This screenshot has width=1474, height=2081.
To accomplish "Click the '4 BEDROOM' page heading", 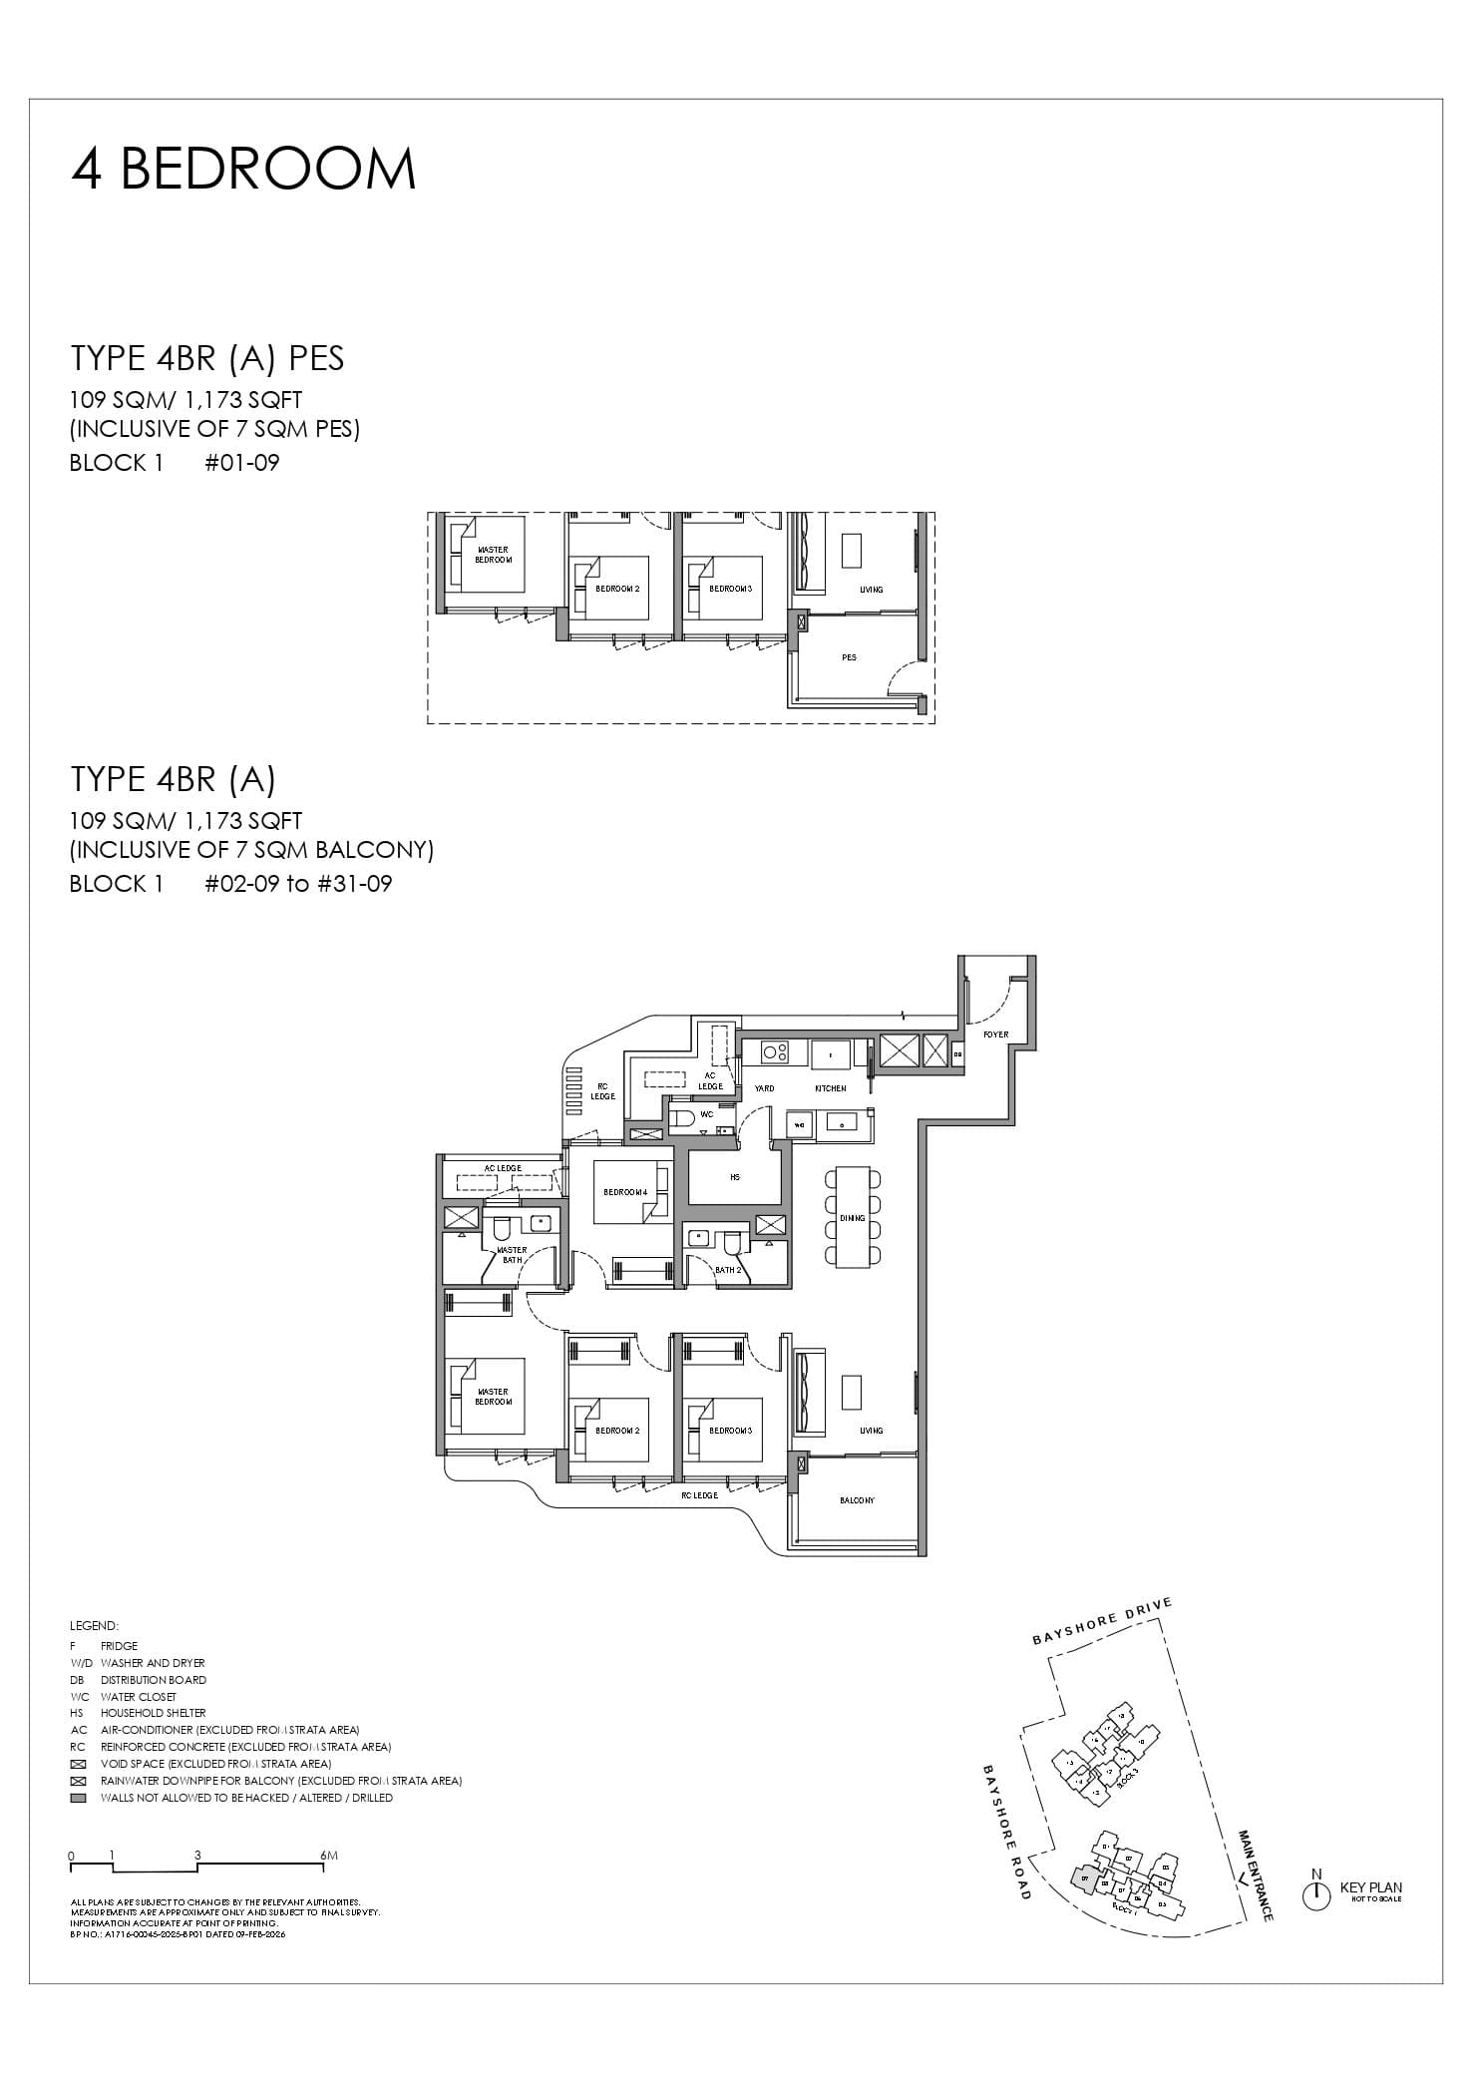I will pos(243,169).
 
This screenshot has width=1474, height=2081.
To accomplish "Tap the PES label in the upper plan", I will pos(849,657).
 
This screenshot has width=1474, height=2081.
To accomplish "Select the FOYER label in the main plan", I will pos(995,1035).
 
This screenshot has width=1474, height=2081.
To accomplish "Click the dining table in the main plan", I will pos(852,1217).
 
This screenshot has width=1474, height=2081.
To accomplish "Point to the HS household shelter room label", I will pos(735,1177).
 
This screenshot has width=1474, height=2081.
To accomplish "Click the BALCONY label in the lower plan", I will pos(857,1500).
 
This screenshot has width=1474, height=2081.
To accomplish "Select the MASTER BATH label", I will pos(512,1254).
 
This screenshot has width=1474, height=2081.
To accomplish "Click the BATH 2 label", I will pos(728,1270).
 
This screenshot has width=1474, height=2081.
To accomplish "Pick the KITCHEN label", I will pos(830,1088).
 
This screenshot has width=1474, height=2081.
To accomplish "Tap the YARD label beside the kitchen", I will pos(764,1088).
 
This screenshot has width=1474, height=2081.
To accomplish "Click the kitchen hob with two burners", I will pos(776,1050).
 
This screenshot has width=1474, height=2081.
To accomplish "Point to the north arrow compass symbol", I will pos(1316,1893).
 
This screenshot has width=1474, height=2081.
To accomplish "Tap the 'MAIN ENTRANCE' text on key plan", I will pos(1256,1875).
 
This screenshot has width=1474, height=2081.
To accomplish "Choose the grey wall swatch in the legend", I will pos(79,1798).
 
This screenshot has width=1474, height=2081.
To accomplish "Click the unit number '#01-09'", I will pos(241,463).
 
